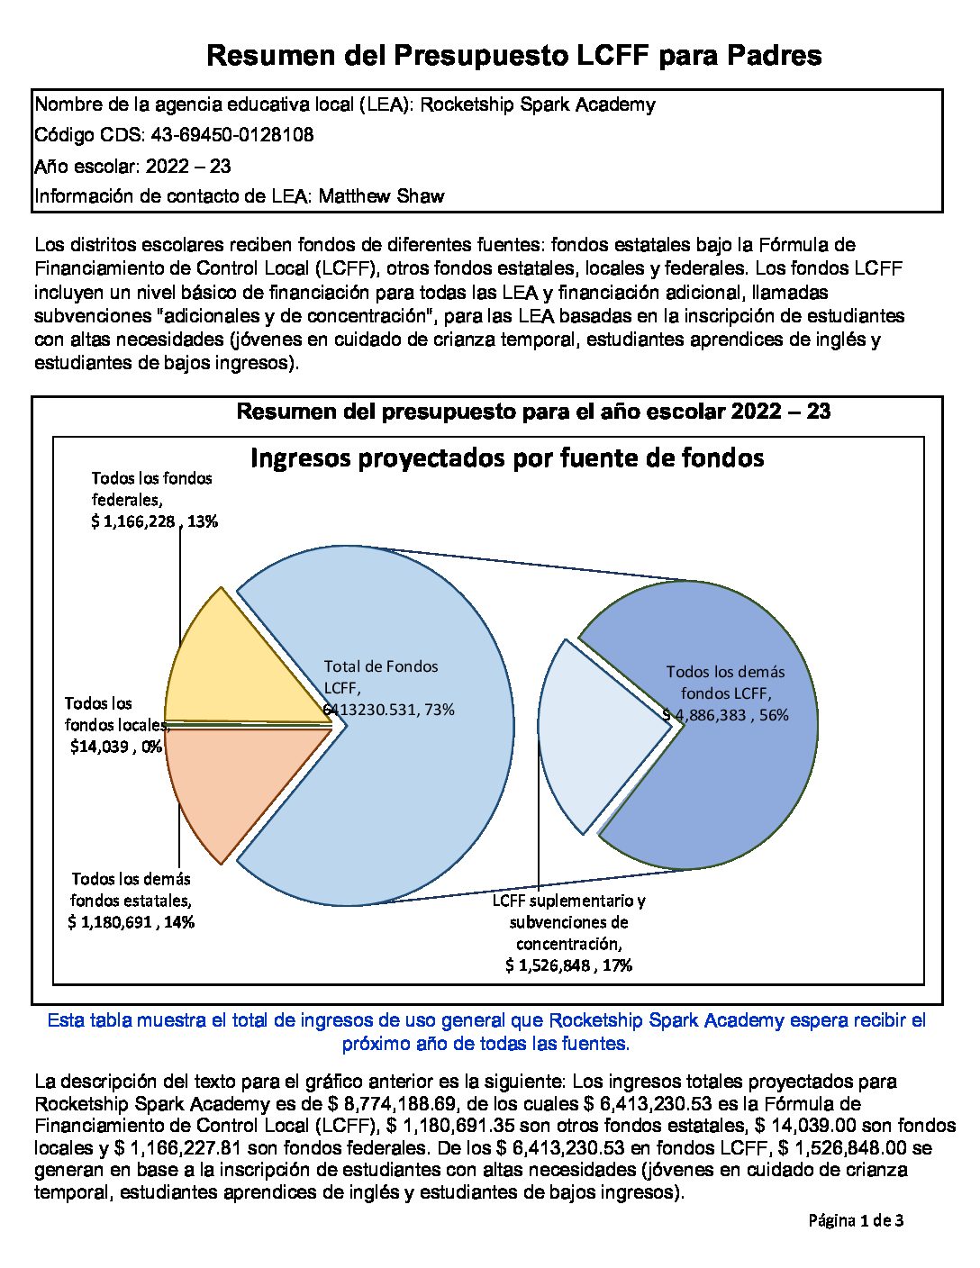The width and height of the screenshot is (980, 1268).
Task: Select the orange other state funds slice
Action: [x=234, y=783]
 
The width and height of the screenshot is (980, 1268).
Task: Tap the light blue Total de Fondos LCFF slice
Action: [x=414, y=792]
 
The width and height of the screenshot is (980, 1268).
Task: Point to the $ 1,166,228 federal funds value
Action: [x=135, y=521]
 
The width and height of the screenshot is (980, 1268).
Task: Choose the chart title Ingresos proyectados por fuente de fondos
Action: [x=507, y=458]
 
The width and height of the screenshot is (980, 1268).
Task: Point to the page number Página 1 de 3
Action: [x=856, y=1221]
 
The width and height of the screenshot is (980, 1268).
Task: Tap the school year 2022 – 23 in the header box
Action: [x=187, y=166]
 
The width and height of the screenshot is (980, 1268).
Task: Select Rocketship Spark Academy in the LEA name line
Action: [x=538, y=104]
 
